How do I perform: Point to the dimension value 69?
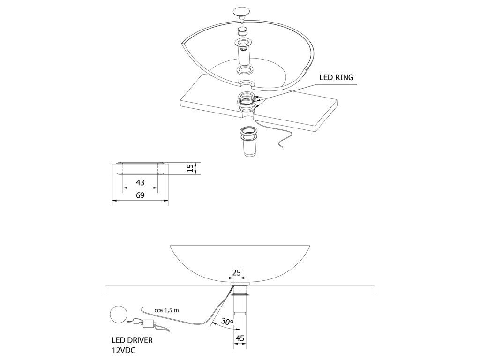[x=140, y=195]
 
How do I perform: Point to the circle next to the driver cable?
[x=118, y=315]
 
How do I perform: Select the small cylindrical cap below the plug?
[x=242, y=32]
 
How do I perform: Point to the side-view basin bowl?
[x=240, y=260]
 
